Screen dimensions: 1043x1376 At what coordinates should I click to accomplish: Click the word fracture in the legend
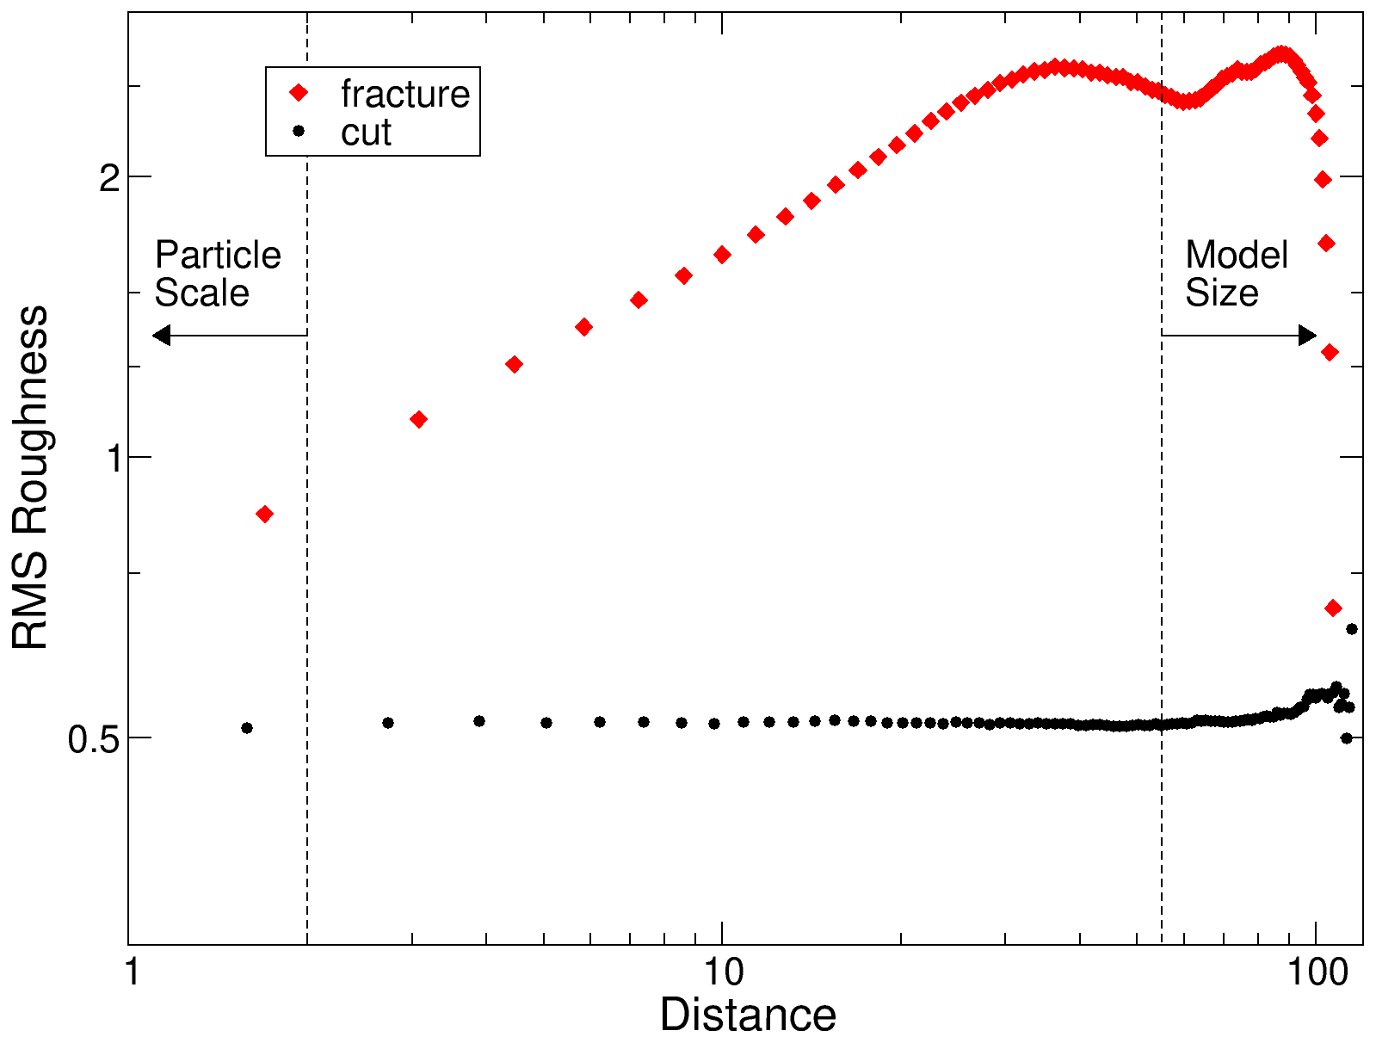404,94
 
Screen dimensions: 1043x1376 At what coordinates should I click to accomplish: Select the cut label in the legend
366,133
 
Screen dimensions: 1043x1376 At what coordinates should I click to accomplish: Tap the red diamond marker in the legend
299,93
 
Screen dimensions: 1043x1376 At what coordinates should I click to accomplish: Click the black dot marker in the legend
299,131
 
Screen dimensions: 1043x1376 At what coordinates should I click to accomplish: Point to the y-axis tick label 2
108,178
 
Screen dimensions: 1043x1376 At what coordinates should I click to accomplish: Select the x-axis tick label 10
723,973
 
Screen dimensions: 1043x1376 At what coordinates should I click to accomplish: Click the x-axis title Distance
747,1015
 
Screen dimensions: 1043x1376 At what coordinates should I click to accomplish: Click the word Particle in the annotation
218,255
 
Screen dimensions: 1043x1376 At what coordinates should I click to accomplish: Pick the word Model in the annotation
1236,255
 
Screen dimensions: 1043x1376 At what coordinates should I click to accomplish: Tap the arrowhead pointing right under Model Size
1307,335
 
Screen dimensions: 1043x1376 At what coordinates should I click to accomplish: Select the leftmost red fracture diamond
265,514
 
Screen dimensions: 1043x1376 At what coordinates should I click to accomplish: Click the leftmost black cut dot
247,728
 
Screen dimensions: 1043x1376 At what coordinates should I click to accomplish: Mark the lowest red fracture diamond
1333,608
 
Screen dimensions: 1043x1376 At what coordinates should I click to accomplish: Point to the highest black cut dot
1352,629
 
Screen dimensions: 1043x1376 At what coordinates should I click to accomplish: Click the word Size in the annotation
1221,293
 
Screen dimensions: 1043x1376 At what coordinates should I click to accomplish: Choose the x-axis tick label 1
132,973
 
